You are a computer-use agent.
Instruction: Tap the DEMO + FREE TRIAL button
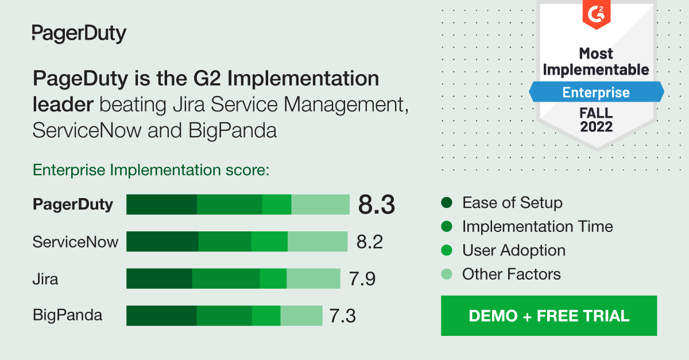coord(549,316)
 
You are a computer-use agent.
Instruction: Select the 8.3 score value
coord(377,204)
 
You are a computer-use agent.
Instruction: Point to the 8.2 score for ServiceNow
coord(369,242)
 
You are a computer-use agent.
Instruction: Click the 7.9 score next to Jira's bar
coord(362,278)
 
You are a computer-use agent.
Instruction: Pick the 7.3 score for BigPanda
coord(343,315)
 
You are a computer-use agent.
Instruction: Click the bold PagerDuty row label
coord(73,204)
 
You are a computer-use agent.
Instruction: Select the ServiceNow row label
coord(75,242)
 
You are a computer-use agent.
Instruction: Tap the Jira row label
coord(45,279)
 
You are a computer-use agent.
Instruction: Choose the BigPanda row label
coord(67,315)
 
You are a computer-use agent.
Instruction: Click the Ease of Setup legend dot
coord(447,203)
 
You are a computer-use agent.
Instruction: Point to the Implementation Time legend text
coord(537,227)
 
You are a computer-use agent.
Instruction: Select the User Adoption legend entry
coord(513,250)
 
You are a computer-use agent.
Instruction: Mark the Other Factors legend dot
coord(447,274)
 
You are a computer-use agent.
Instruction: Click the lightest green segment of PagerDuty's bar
coord(320,204)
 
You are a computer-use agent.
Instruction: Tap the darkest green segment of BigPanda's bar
coord(161,315)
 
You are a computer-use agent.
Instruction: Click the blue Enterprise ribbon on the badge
coord(596,92)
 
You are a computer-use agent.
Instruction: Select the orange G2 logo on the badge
coord(596,12)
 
